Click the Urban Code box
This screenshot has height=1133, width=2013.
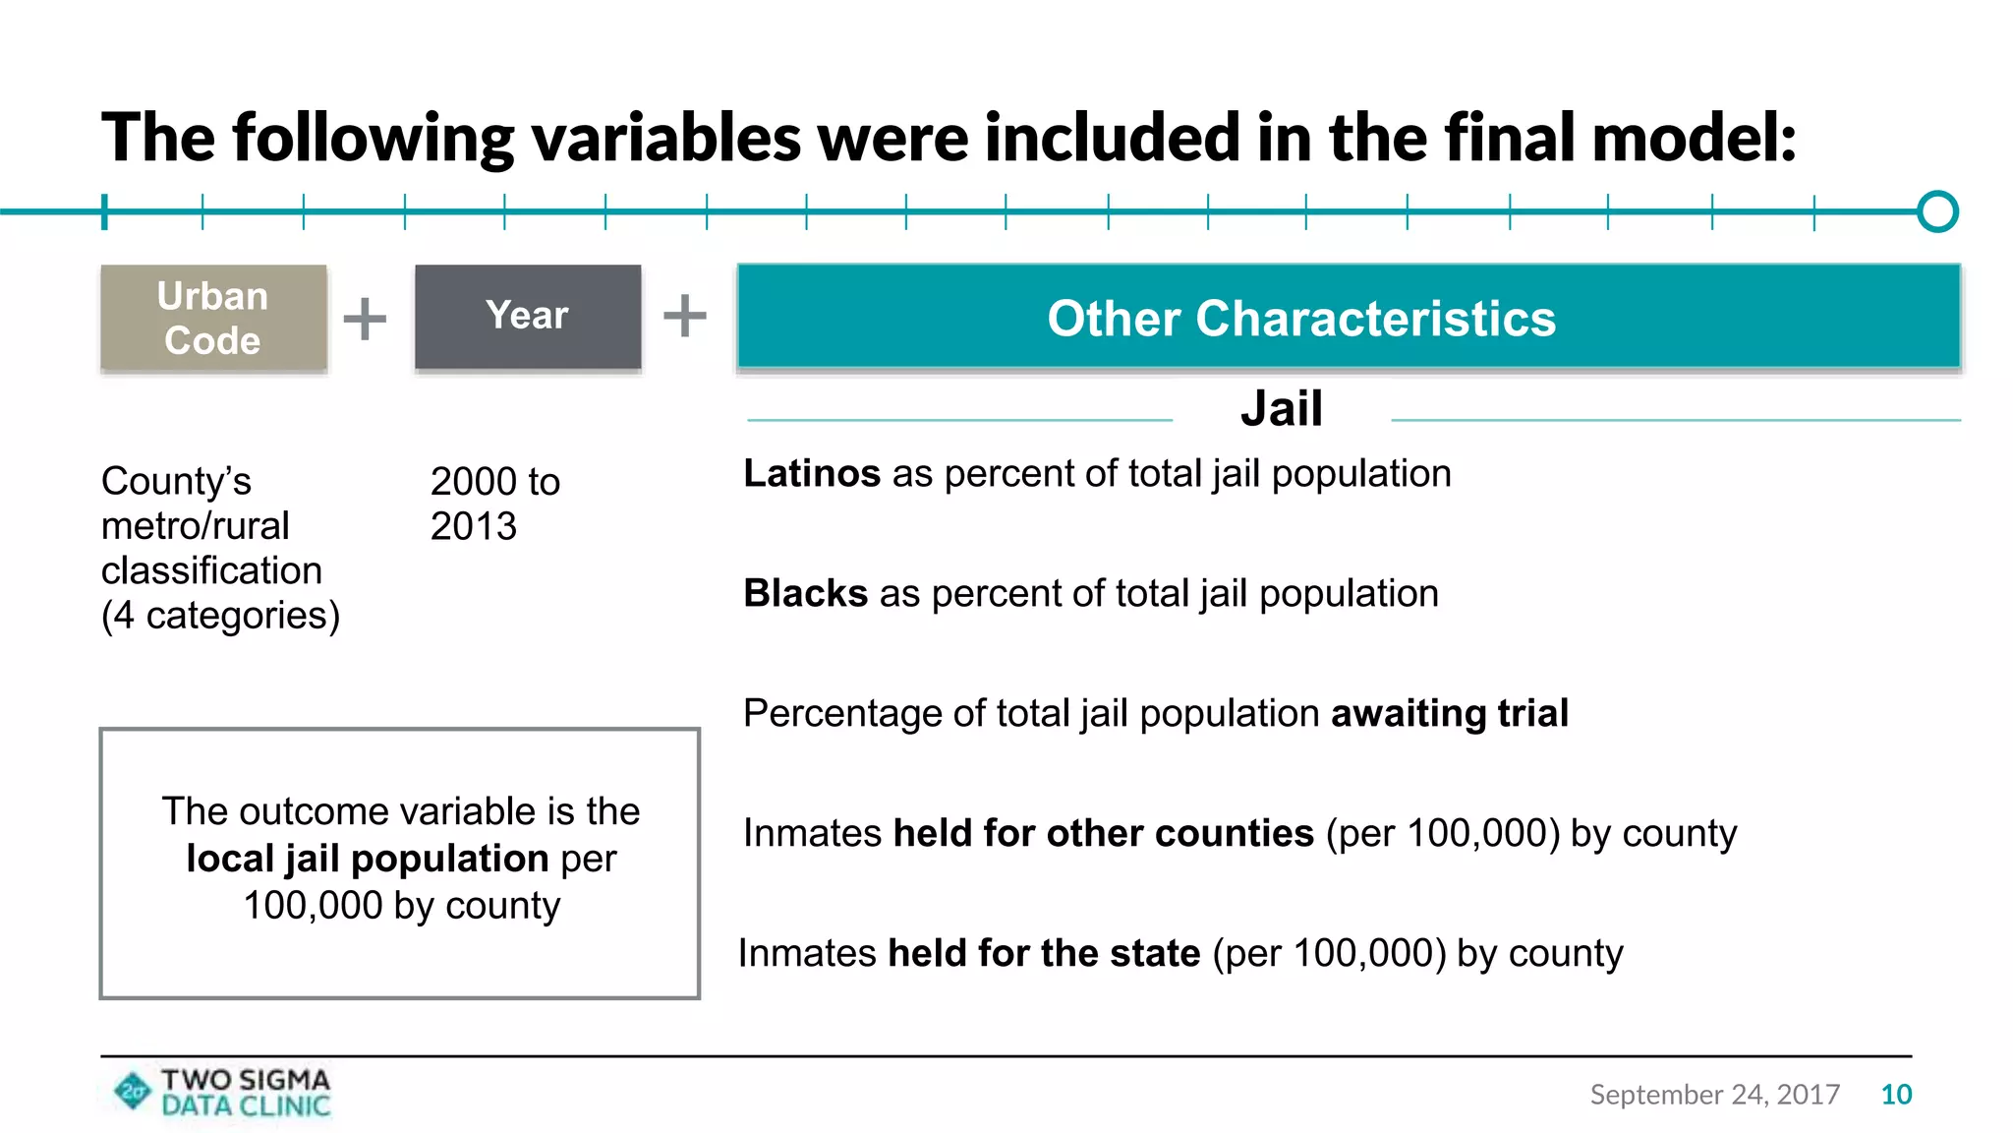click(213, 318)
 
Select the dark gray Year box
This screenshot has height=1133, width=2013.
click(528, 317)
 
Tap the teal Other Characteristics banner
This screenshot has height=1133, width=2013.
click(1349, 317)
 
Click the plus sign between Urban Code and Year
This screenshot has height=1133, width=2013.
click(365, 319)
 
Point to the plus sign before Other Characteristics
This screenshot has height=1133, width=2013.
click(685, 316)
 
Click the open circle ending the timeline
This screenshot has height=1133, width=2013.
click(1937, 211)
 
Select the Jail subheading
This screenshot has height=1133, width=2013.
click(1281, 408)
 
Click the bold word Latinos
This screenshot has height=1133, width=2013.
click(811, 474)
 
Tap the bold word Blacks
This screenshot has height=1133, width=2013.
click(805, 594)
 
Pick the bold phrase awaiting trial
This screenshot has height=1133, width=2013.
click(1449, 714)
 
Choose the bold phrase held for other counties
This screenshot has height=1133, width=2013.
click(1103, 834)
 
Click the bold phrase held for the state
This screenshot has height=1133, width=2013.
click(1044, 954)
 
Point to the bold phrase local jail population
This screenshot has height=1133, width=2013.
click(368, 859)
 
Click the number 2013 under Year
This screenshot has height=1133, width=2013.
click(473, 527)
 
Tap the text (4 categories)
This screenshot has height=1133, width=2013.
click(220, 616)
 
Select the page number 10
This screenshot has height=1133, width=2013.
click(1896, 1095)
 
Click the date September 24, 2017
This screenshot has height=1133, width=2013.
click(1714, 1095)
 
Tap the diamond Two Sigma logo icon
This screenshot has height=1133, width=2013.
click(133, 1091)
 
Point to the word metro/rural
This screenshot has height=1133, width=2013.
click(195, 526)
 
